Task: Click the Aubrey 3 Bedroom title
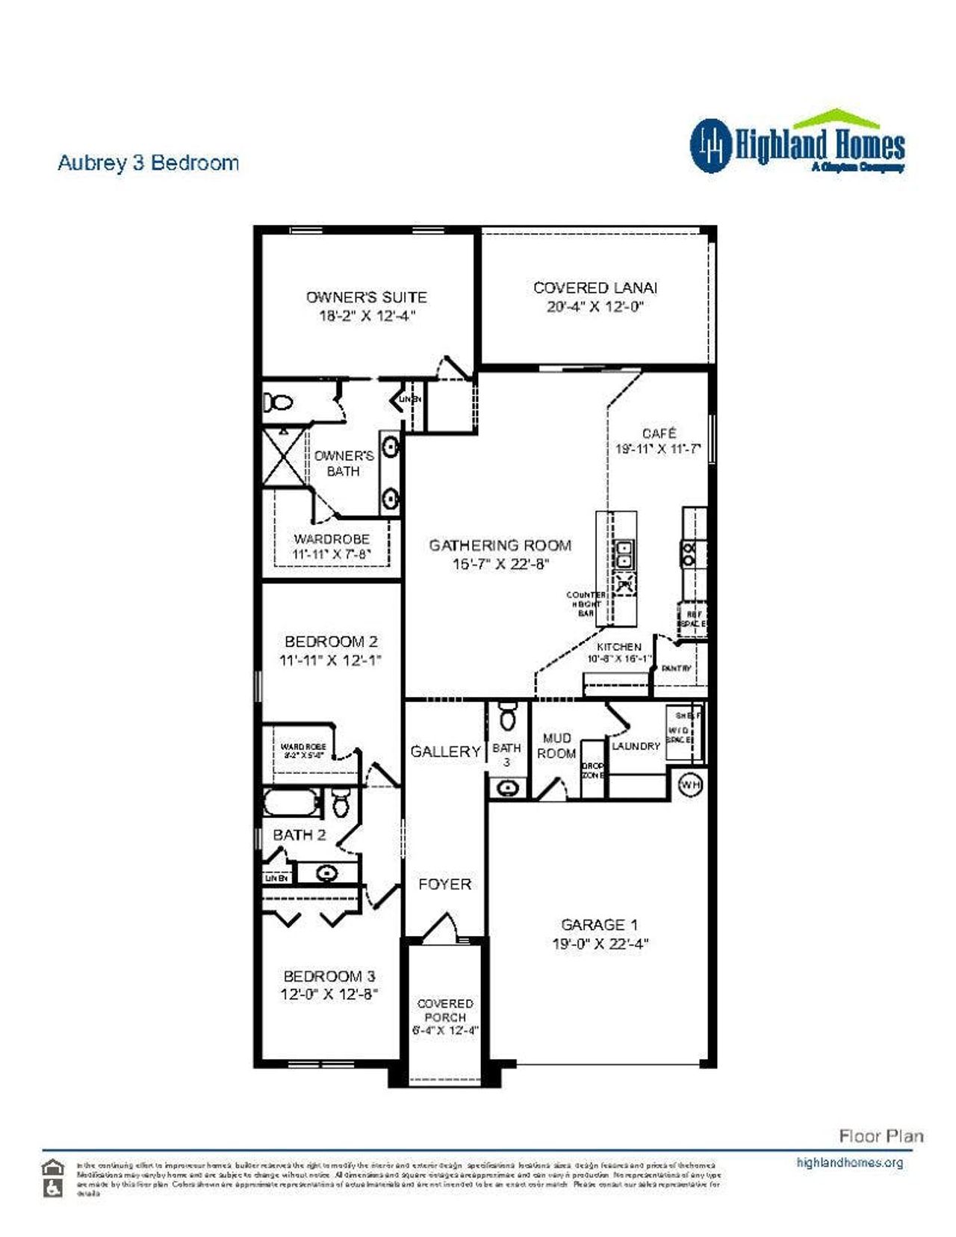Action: (x=148, y=163)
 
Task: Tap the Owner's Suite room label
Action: (x=366, y=297)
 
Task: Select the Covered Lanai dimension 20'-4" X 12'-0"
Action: (x=595, y=306)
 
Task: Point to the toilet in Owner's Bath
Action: (x=279, y=403)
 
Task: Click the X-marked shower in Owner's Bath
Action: (x=284, y=458)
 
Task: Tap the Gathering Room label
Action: (x=500, y=545)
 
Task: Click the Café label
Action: (x=659, y=433)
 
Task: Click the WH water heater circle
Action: (x=691, y=785)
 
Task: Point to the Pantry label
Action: (x=677, y=669)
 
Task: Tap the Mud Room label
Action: (x=556, y=745)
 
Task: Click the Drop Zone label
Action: (x=592, y=771)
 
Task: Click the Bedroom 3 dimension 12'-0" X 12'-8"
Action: (x=329, y=994)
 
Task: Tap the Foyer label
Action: (x=444, y=884)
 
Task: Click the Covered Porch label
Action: (x=445, y=1010)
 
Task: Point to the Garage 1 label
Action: (x=599, y=925)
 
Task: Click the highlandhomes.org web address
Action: (x=849, y=1162)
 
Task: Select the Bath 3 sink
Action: (x=508, y=787)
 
